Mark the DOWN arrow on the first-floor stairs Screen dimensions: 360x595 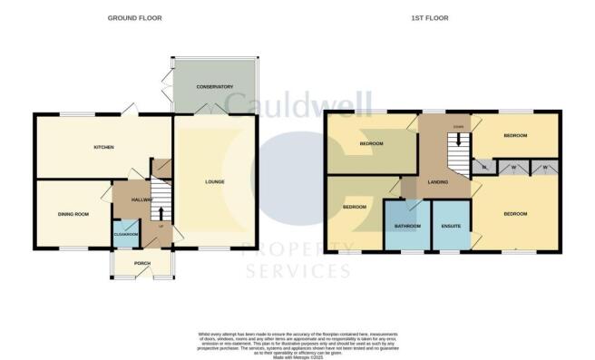coord(459,140)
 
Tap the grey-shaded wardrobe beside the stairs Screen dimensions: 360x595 coord(484,168)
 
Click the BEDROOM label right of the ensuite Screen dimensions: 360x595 coord(515,214)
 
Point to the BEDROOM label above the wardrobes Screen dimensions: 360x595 coord(514,134)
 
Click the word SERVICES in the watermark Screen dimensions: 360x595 coord(297,270)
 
